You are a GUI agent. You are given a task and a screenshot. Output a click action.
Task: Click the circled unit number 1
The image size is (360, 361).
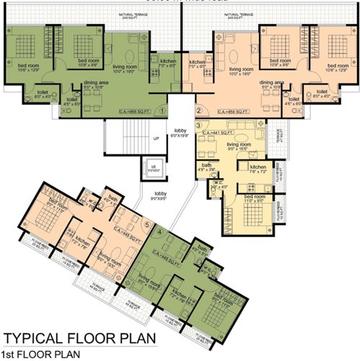click(x=163, y=110)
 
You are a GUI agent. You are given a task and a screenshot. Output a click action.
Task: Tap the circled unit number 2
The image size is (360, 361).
click(x=199, y=110)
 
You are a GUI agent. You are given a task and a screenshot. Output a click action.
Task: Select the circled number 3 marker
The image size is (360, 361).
click(x=198, y=126)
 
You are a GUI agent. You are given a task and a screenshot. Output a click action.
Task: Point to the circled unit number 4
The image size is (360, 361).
click(x=159, y=231)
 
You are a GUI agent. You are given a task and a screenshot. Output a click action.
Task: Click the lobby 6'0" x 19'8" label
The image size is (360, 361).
click(x=179, y=131)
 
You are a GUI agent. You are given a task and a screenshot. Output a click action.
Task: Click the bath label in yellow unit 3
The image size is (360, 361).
click(x=206, y=167)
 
